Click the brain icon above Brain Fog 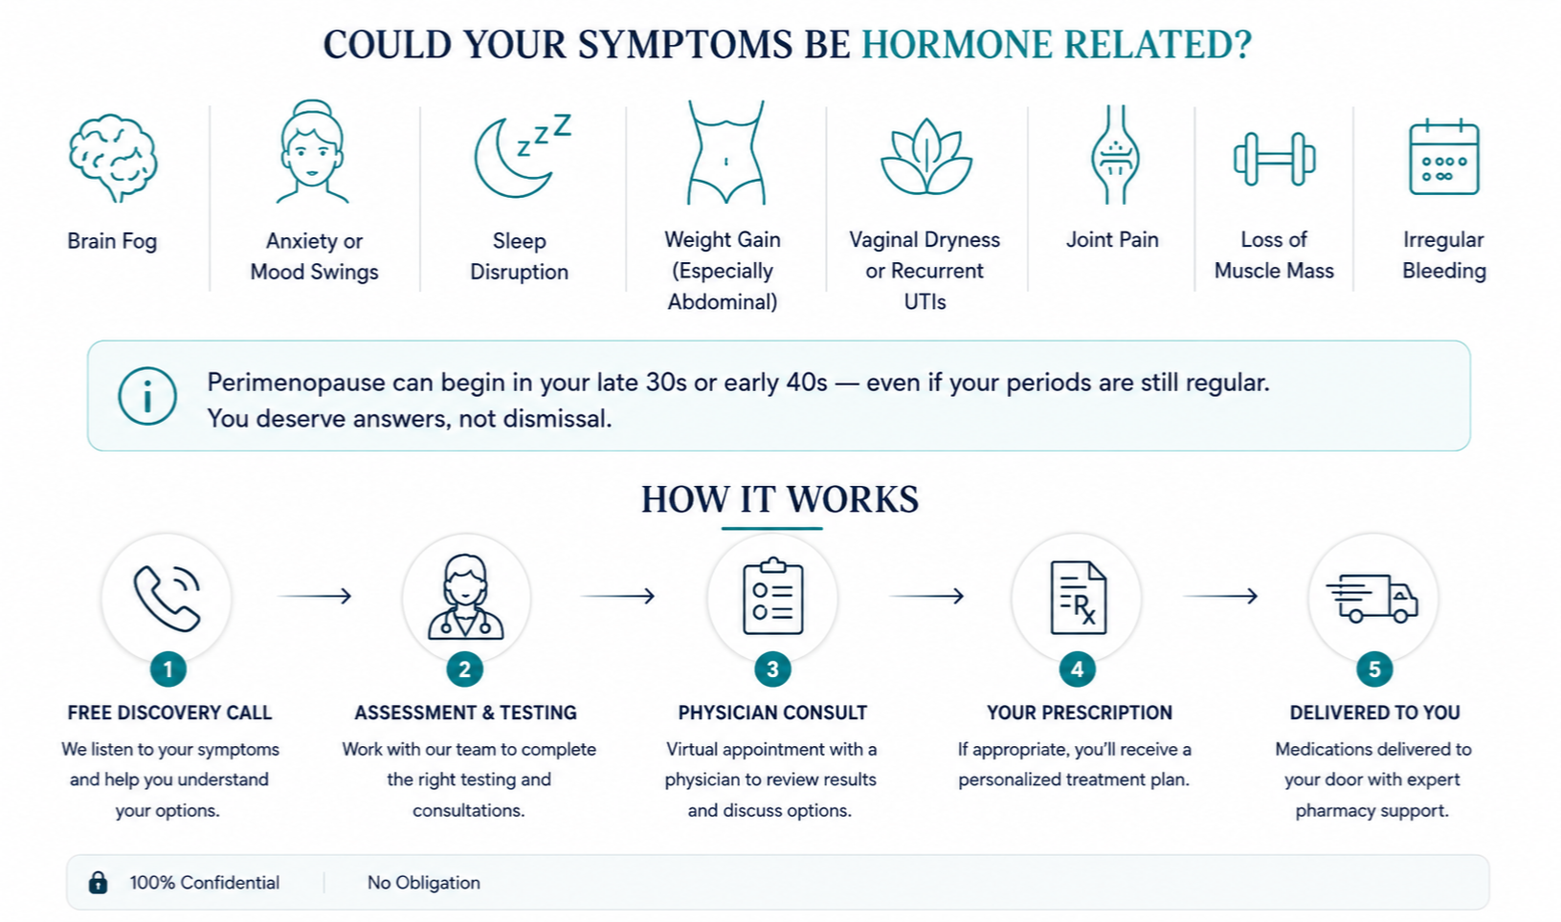point(113,158)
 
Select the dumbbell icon point(1274,159)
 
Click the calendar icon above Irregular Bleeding point(1443,157)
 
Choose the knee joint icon point(1115,155)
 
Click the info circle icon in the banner point(147,396)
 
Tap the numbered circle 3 point(772,670)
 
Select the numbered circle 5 point(1374,670)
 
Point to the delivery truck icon point(1371,598)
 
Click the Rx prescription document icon point(1078,598)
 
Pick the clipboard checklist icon point(772,596)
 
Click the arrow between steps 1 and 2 point(314,596)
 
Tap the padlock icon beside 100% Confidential point(98,882)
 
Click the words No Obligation point(424,882)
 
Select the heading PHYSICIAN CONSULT point(772,713)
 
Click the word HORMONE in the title point(957,45)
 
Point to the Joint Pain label point(1112,239)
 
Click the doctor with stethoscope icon point(465,598)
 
